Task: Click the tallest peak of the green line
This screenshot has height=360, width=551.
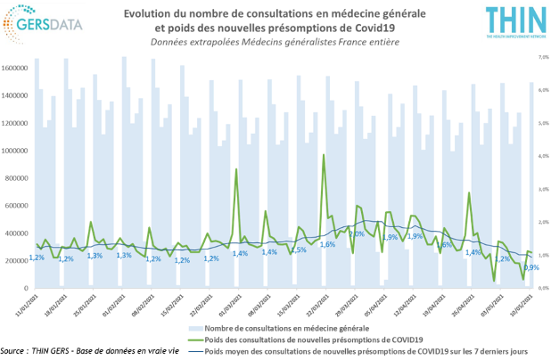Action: click(323, 157)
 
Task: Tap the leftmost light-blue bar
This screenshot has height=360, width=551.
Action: click(37, 174)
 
